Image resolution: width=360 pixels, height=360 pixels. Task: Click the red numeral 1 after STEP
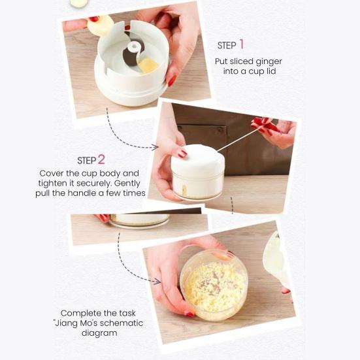[241, 44]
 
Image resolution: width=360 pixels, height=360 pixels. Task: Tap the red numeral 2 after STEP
[101, 159]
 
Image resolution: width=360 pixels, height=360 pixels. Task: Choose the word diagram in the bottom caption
[101, 333]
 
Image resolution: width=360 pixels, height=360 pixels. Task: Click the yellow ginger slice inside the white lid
[148, 65]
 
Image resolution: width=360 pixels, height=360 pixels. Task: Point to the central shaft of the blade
[134, 48]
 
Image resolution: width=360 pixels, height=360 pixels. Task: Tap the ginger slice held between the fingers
[101, 25]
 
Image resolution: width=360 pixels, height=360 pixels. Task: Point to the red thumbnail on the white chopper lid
[182, 154]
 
